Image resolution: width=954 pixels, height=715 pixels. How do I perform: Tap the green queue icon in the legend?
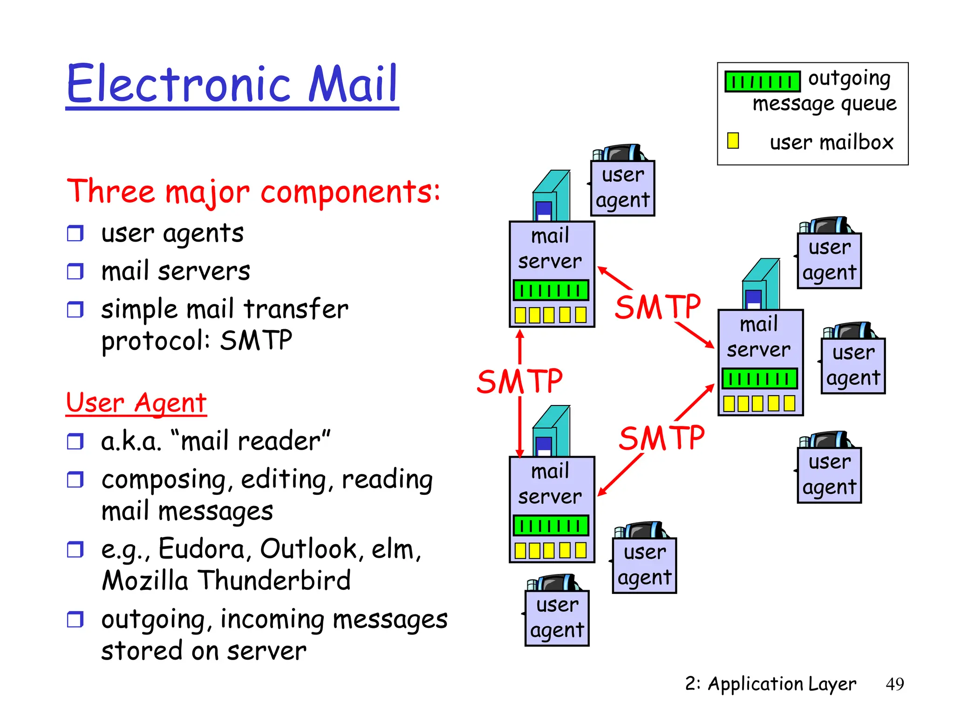tap(762, 81)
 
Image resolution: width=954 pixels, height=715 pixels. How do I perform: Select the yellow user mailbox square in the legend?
tap(733, 141)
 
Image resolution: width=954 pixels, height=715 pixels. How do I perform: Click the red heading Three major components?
tap(253, 191)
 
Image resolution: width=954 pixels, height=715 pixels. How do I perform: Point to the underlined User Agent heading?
tap(136, 403)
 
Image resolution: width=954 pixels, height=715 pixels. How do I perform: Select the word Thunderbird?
tap(275, 580)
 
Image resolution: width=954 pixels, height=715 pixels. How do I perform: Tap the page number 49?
tap(894, 684)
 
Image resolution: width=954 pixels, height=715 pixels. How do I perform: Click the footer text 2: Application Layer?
tap(770, 684)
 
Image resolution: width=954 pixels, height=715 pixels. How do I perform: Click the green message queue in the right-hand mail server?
tap(760, 378)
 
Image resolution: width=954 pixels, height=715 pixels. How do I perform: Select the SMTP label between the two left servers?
tap(519, 381)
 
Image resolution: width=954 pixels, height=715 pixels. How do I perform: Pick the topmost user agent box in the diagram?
tap(622, 188)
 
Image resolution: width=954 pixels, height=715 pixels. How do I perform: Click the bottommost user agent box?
tap(557, 618)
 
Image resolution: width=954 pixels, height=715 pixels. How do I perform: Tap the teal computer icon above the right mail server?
tap(761, 284)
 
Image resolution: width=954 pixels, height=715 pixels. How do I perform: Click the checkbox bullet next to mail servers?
tap(75, 271)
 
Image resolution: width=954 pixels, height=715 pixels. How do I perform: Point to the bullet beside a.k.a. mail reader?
tap(75, 441)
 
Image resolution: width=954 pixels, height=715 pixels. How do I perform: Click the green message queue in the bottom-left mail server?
tap(551, 526)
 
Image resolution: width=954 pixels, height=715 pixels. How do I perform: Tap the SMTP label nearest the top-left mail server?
tap(657, 307)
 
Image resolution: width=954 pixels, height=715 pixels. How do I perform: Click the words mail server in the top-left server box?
tap(550, 248)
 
